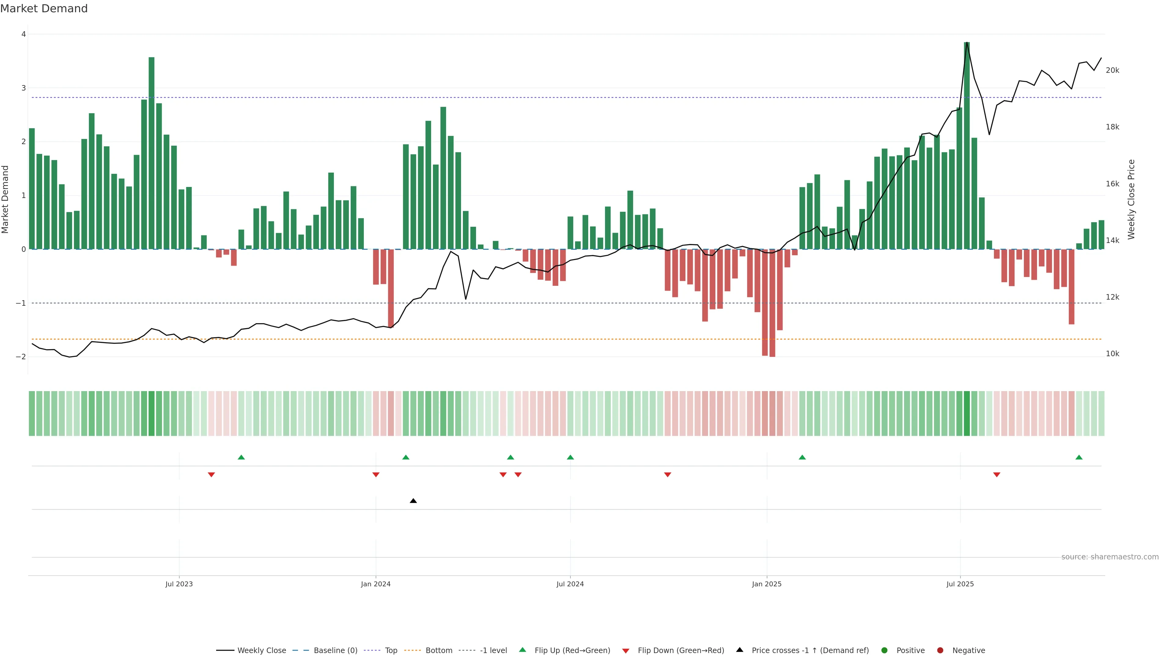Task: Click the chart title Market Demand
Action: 44,9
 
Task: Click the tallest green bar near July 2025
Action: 967,146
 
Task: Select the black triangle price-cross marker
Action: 413,501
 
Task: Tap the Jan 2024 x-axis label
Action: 375,584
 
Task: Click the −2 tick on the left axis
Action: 20,357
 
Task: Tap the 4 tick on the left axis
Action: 23,34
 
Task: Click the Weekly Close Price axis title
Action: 1131,199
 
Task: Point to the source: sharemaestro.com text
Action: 1110,557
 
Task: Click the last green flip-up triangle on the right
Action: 1079,457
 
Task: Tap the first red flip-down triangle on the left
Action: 211,475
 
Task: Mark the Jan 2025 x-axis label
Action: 766,584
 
